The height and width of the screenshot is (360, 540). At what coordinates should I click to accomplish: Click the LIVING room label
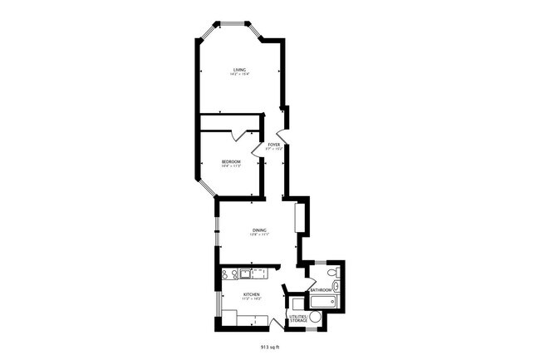[x=240, y=70]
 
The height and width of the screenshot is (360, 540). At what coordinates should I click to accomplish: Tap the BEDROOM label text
[x=231, y=161]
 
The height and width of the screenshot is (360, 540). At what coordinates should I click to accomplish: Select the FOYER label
[x=273, y=145]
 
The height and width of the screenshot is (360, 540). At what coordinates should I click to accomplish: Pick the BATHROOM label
[x=322, y=290]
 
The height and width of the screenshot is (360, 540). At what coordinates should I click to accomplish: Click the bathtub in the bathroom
[x=322, y=301]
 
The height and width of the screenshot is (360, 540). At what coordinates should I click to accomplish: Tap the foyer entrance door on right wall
[x=283, y=136]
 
